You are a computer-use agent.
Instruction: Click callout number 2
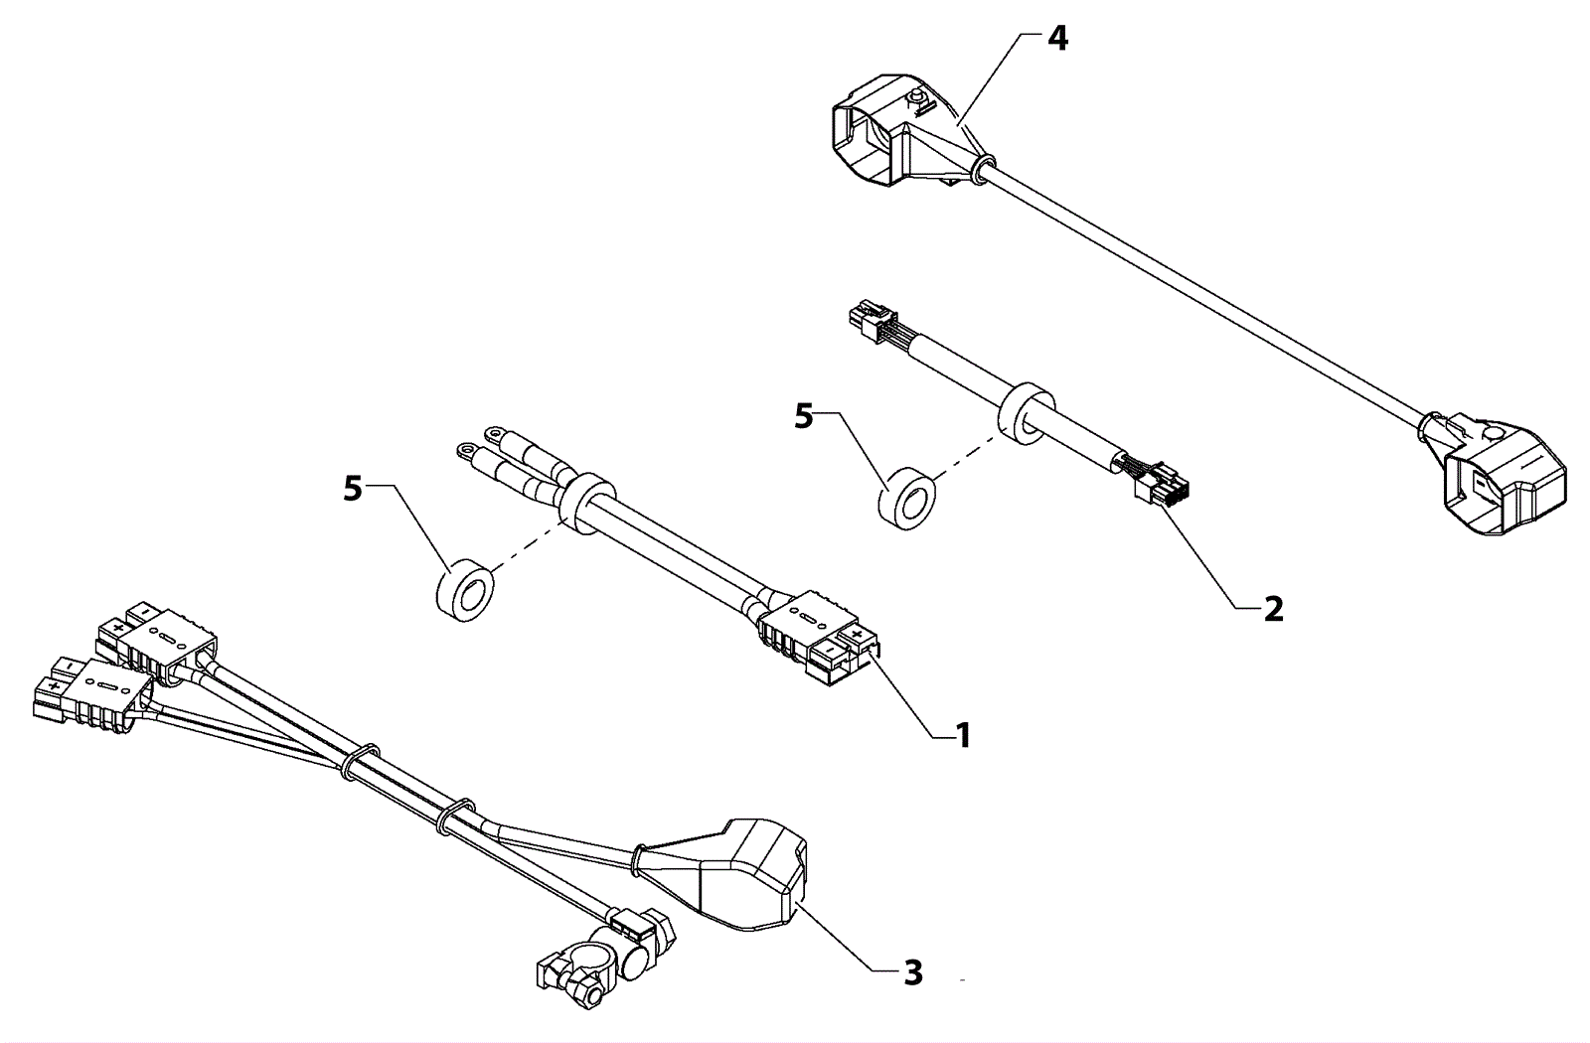(x=1274, y=609)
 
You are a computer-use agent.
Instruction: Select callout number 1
(x=963, y=736)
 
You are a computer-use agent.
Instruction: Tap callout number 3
(x=913, y=972)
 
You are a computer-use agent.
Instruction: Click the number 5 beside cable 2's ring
(x=804, y=417)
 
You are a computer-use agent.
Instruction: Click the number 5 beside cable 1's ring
(x=353, y=490)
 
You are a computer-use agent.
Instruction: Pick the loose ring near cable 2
(x=907, y=496)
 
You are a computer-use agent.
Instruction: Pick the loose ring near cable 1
(x=464, y=590)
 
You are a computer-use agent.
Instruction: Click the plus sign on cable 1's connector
(x=858, y=634)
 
